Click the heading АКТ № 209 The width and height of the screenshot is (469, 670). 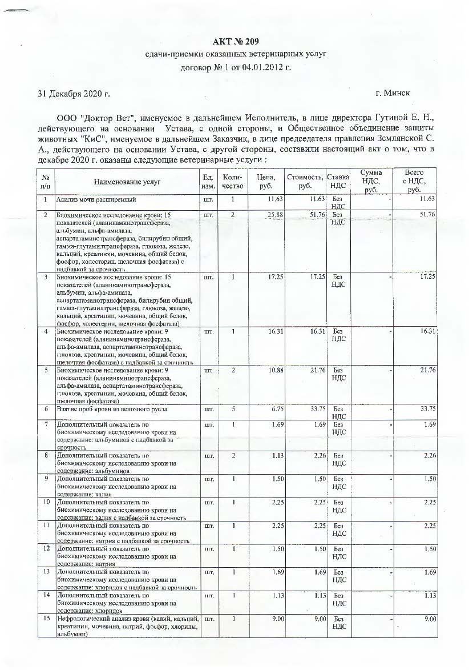pos(236,41)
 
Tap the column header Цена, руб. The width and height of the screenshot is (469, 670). pos(266,182)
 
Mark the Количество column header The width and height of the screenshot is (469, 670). pos(233,182)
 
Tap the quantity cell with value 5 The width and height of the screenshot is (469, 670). pos(233,409)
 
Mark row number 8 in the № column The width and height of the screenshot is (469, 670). pos(44,455)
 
